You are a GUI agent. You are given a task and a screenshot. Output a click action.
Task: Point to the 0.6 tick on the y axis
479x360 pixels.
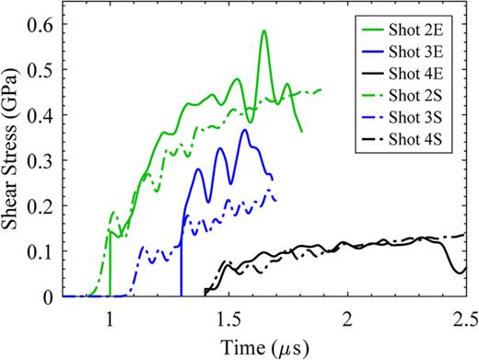(x=41, y=26)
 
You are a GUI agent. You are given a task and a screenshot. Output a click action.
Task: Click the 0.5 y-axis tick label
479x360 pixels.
(x=41, y=71)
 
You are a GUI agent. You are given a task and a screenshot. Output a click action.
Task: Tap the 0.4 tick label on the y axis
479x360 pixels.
(x=41, y=116)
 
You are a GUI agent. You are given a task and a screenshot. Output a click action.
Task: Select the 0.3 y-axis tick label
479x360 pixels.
(x=41, y=161)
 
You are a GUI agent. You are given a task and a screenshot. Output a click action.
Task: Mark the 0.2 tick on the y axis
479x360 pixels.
(x=41, y=206)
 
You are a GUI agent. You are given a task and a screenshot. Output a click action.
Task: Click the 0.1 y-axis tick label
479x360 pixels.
(x=41, y=251)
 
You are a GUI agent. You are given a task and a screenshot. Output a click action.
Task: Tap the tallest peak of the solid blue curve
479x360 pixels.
(x=244, y=130)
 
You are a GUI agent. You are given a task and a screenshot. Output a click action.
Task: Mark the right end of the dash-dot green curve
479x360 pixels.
(x=321, y=89)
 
